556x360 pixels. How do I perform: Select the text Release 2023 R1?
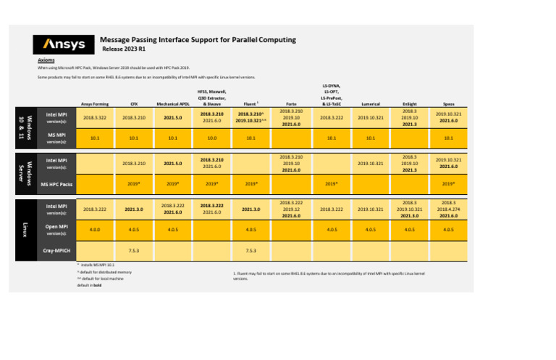point(124,49)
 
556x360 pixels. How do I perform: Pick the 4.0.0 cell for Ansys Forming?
point(93,230)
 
